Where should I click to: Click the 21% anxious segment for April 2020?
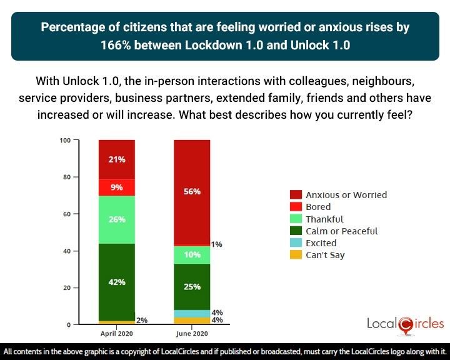pos(117,159)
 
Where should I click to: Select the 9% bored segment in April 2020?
pos(117,187)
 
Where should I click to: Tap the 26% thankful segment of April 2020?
pos(117,219)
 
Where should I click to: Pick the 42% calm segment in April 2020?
pos(117,281)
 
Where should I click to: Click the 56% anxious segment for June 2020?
pos(192,192)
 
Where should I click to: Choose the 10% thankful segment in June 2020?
pos(192,255)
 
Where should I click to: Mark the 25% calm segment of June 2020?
pos(192,287)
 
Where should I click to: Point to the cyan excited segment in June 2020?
pos(192,313)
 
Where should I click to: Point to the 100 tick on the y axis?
pos(65,140)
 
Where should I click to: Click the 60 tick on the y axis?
pos(67,214)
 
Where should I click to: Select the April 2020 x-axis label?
pos(117,334)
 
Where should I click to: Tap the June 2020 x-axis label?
pos(192,334)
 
